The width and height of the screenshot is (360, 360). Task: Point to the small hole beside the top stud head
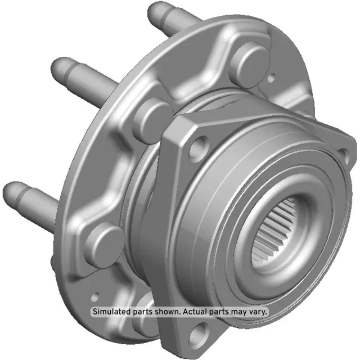coord(272,78)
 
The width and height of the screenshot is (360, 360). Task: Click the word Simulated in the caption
coord(112,311)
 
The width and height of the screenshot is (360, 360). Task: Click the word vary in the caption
coord(258,311)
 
